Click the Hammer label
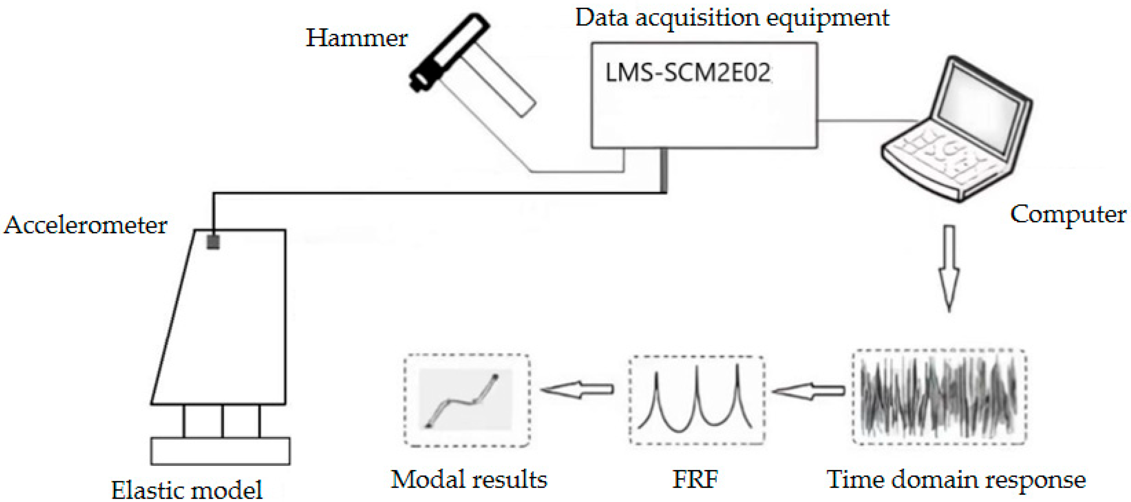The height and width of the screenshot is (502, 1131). tap(356, 38)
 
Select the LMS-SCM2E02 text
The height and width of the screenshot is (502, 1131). tap(688, 73)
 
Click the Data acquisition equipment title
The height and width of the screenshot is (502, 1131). tap(732, 18)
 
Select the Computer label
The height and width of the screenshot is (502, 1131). tap(1068, 215)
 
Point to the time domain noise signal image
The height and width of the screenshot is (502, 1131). tap(939, 397)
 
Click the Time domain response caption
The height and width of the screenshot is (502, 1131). tap(956, 480)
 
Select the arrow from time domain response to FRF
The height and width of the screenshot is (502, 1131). tap(808, 391)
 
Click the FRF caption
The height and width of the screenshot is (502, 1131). tap(695, 479)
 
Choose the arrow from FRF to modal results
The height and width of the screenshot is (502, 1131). tap(577, 389)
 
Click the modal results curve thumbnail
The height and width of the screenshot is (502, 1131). tap(465, 399)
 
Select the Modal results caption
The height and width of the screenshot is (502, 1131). tap(469, 479)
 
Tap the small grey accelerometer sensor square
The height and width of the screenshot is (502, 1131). tap(213, 242)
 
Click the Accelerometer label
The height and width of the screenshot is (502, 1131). tap(85, 226)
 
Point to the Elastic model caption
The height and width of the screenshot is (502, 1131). tap(187, 490)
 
